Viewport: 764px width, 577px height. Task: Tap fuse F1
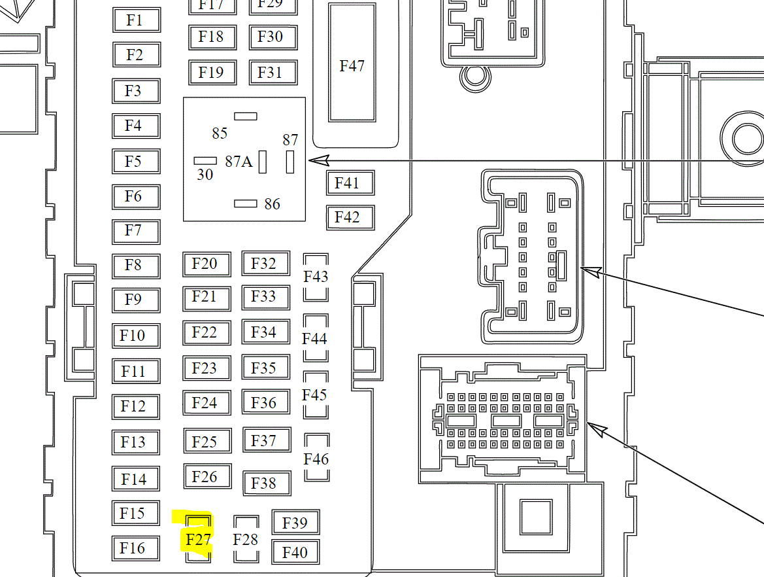tap(136, 20)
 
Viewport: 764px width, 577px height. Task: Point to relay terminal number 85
tap(220, 133)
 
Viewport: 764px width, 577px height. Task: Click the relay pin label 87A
tap(239, 162)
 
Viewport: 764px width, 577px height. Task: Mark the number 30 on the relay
tap(205, 175)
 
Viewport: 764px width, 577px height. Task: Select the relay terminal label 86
tap(272, 204)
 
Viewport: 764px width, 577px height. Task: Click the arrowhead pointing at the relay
tap(316, 160)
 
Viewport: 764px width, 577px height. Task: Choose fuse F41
tap(350, 183)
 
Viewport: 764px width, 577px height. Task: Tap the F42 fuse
tap(350, 217)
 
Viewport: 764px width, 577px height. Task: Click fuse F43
tap(316, 277)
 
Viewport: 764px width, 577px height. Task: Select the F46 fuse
tap(316, 458)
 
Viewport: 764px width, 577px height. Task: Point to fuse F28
tap(246, 539)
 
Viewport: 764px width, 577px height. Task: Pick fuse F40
tap(295, 552)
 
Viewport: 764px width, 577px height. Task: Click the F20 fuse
tap(206, 264)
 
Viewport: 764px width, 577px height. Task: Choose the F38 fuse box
tap(265, 483)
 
